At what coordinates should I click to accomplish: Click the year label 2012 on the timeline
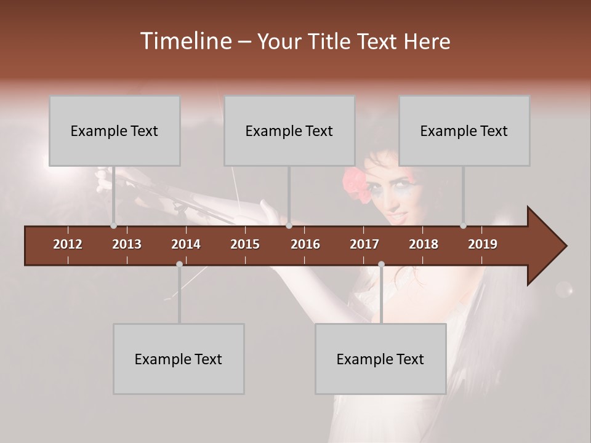click(68, 244)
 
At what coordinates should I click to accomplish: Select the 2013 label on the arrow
click(127, 244)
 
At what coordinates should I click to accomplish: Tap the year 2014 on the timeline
click(186, 244)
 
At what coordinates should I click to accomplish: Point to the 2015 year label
click(245, 244)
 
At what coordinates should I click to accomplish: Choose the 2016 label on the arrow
click(305, 244)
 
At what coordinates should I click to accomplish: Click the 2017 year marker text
click(364, 244)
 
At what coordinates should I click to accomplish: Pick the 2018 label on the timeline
click(424, 244)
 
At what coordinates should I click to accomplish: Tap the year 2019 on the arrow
click(483, 244)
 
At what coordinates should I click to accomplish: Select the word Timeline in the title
click(185, 41)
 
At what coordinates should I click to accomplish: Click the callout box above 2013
click(115, 130)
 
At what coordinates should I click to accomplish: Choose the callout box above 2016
click(289, 130)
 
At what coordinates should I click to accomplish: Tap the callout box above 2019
click(464, 130)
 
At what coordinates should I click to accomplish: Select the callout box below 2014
click(179, 359)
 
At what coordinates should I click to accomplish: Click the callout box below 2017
click(380, 359)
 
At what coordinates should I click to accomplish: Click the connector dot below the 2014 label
click(179, 264)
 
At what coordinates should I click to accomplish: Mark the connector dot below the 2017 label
click(381, 264)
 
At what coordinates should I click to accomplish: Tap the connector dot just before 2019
click(463, 226)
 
